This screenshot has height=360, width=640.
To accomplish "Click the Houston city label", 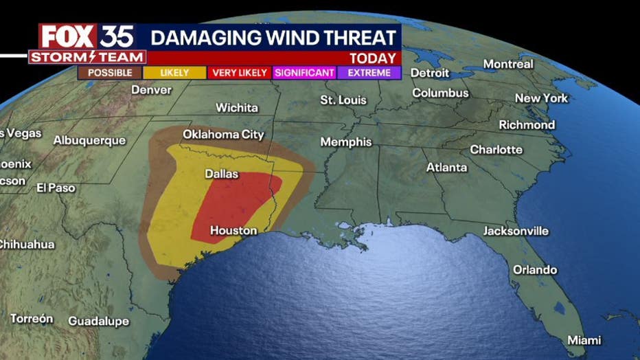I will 233,231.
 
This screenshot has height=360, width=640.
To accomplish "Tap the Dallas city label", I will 222,174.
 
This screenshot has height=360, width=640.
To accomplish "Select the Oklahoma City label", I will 223,135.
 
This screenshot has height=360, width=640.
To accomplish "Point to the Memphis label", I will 346,142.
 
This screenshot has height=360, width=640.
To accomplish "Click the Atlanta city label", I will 446,167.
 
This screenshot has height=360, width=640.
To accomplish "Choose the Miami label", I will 584,340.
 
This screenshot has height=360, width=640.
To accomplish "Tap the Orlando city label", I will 535,270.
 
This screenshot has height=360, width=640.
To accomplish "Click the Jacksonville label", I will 516,231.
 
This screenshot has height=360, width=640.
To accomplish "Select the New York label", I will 541,98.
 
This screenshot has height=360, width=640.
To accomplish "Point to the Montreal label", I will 508,64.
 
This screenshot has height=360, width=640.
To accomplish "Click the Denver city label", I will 151,89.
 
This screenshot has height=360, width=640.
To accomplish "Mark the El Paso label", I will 56,188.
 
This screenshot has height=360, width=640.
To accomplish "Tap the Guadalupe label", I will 98,322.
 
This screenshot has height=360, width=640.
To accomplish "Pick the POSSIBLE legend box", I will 109,72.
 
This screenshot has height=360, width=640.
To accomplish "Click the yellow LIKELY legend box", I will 174,72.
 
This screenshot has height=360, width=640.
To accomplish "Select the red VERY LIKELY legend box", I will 240,72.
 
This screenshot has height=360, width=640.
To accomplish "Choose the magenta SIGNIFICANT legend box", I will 304,72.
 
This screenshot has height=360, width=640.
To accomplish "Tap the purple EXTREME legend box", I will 369,72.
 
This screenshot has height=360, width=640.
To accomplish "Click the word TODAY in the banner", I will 372,58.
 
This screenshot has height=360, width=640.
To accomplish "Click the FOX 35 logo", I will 87,36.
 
